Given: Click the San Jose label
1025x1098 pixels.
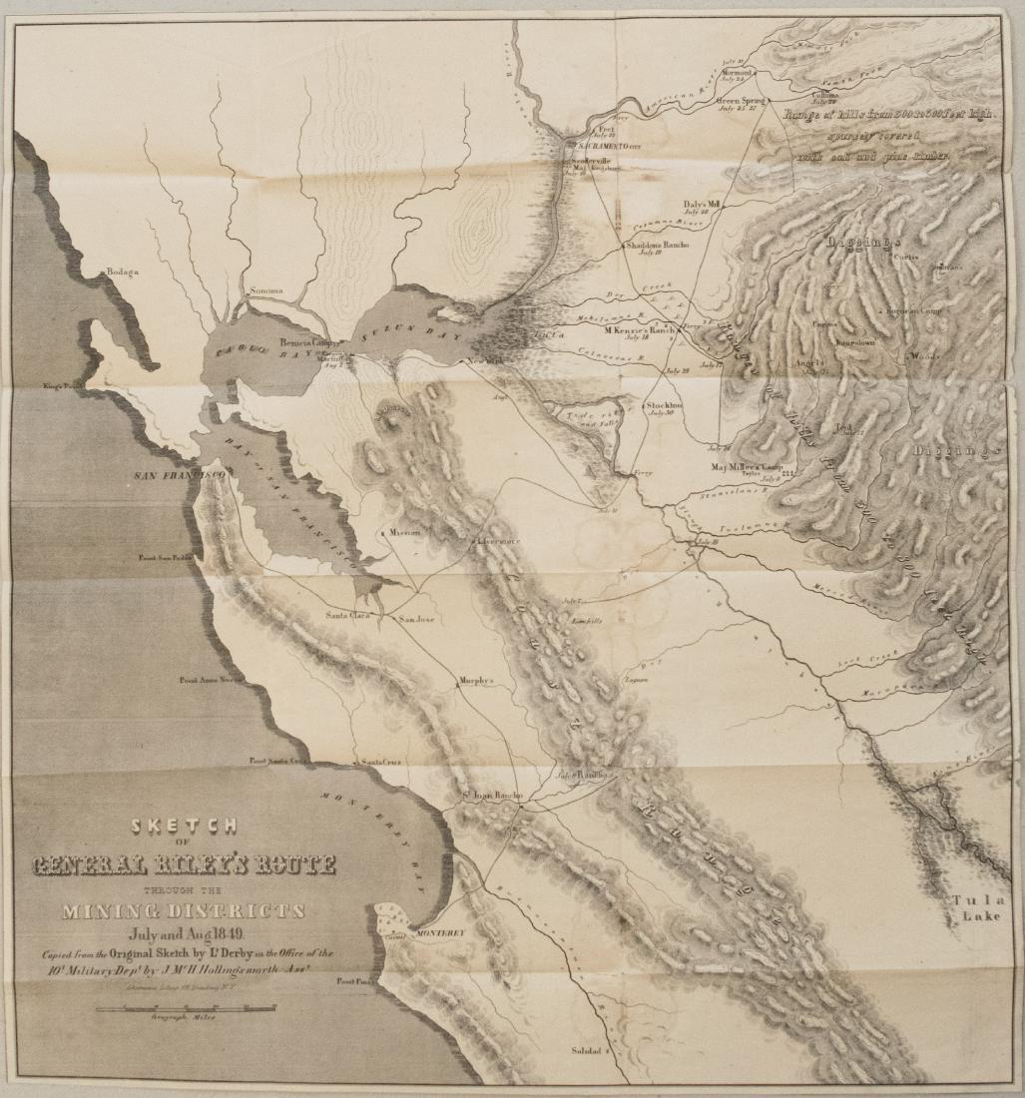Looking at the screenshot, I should pyautogui.click(x=417, y=619).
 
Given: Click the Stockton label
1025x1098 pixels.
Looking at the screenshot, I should pyautogui.click(x=663, y=406).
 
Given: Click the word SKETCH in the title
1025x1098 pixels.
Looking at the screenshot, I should pyautogui.click(x=184, y=825).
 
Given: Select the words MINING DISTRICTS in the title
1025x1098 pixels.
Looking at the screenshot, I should pyautogui.click(x=183, y=909).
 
